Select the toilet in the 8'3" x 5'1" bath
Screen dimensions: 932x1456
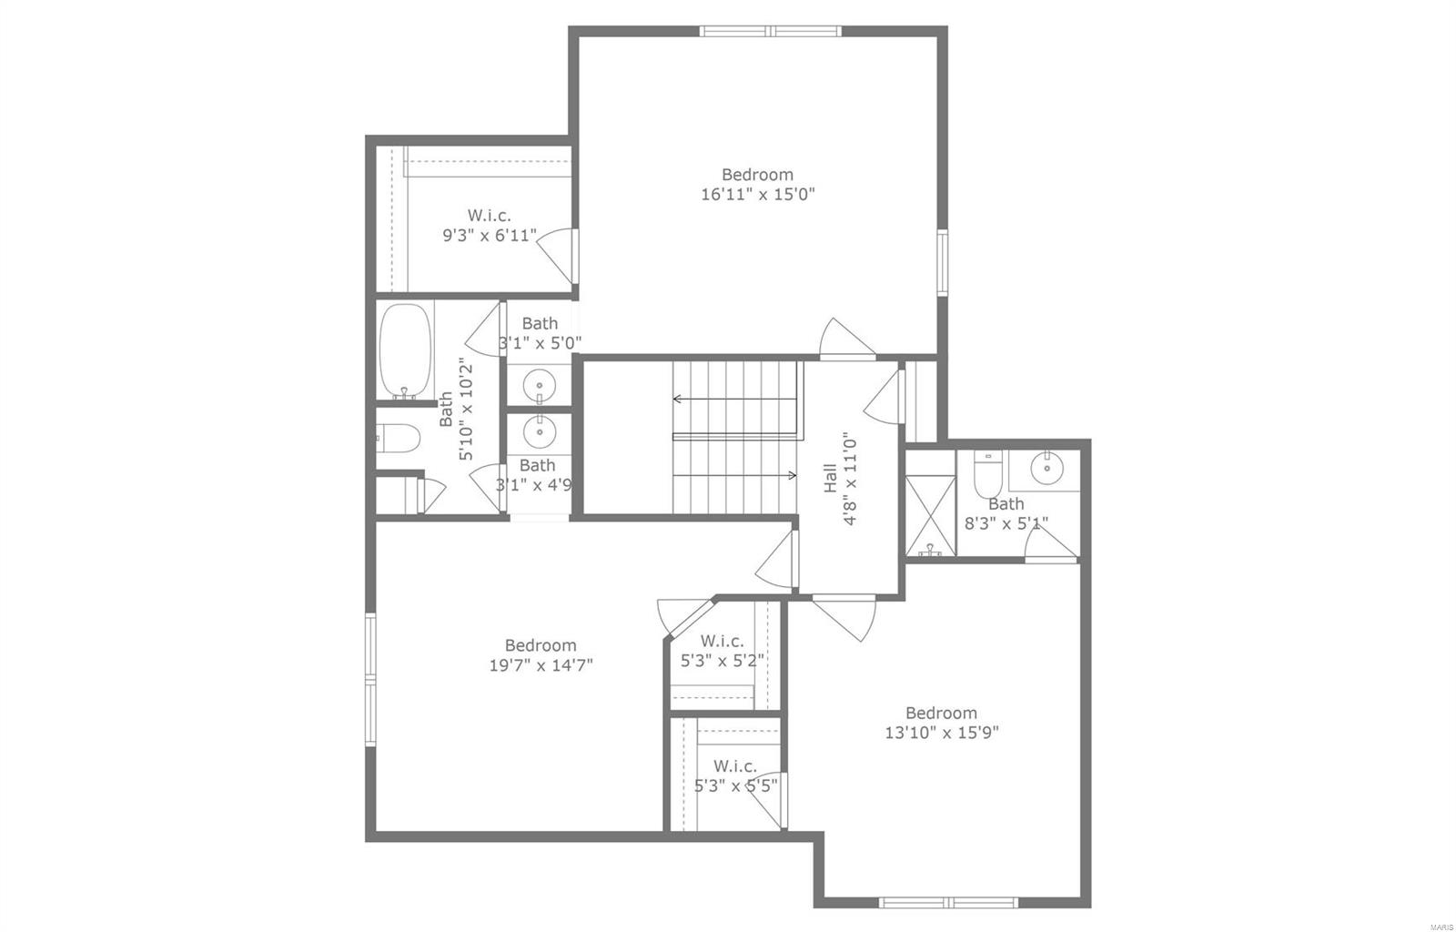coord(986,471)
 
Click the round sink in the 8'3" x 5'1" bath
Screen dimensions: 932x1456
coord(1047,470)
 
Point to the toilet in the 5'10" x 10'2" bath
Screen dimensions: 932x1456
coord(399,439)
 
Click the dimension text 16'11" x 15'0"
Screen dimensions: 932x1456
coord(757,194)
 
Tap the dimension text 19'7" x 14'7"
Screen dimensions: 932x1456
coord(541,665)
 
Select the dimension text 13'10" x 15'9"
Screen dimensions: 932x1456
coord(941,733)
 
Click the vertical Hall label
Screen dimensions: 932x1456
coord(829,478)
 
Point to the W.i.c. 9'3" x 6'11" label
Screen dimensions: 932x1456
coord(490,226)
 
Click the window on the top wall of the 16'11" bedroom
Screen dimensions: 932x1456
coord(771,31)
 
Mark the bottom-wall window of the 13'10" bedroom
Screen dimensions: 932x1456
coord(950,903)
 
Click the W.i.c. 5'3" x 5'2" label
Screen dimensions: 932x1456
coord(723,651)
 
